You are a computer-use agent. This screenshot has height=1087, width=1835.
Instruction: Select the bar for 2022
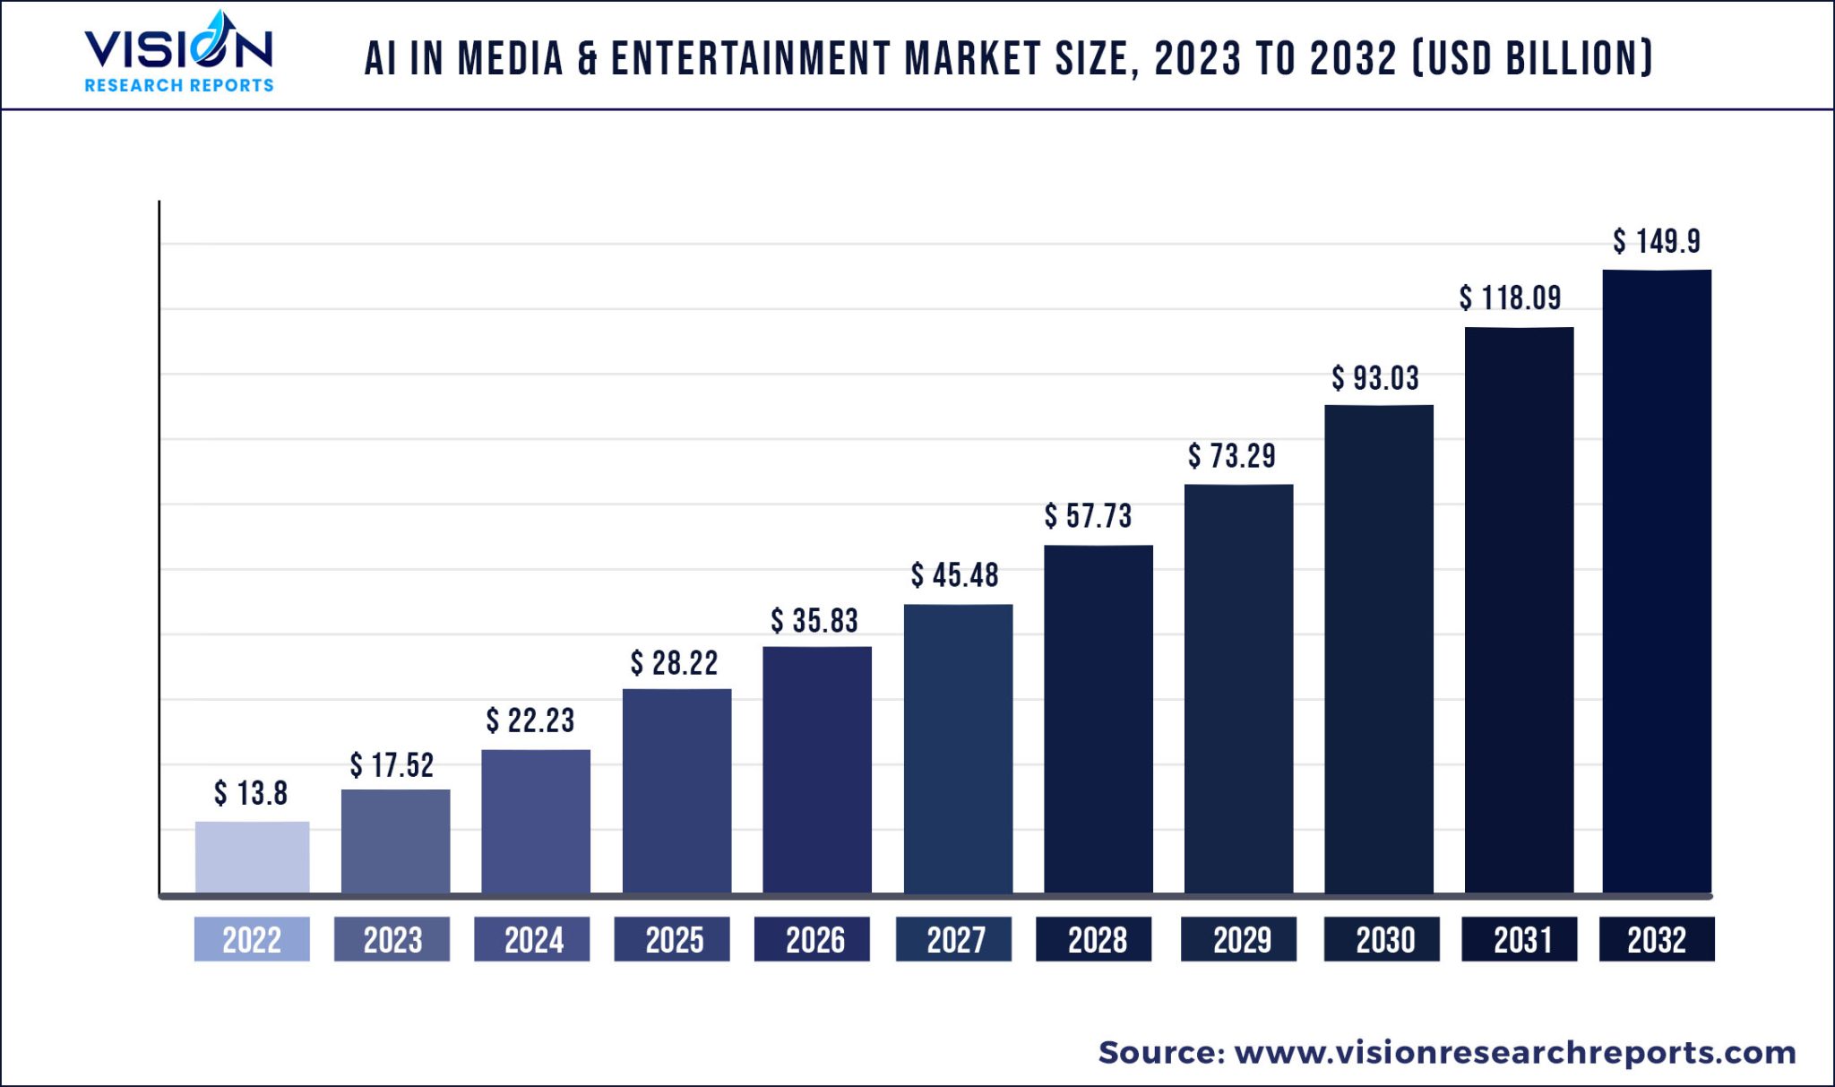pos(252,857)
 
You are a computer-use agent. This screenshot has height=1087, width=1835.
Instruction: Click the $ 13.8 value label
pos(251,793)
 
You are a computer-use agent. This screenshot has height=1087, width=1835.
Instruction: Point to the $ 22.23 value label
pos(530,720)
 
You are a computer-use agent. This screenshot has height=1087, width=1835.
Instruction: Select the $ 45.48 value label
pos(955,575)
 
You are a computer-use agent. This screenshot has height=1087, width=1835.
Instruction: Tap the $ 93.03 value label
pos(1375,378)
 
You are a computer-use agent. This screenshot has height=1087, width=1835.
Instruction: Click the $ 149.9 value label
pos(1657,241)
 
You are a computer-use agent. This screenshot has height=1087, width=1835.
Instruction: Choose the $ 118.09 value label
pos(1510,298)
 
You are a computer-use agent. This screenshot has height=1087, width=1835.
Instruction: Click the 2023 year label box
pos(392,939)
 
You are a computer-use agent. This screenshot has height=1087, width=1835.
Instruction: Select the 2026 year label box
pos(812,939)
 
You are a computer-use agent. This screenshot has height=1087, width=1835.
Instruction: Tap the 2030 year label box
pos(1382,939)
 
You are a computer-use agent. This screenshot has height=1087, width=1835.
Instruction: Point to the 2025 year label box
pos(672,939)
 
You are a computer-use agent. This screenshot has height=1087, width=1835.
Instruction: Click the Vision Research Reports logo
pos(178,54)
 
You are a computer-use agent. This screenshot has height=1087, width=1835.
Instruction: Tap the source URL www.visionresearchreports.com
pos(1515,1052)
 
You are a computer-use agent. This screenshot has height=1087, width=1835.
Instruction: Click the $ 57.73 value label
pos(1088,516)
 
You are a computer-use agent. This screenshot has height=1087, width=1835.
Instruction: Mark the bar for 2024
pos(536,821)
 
